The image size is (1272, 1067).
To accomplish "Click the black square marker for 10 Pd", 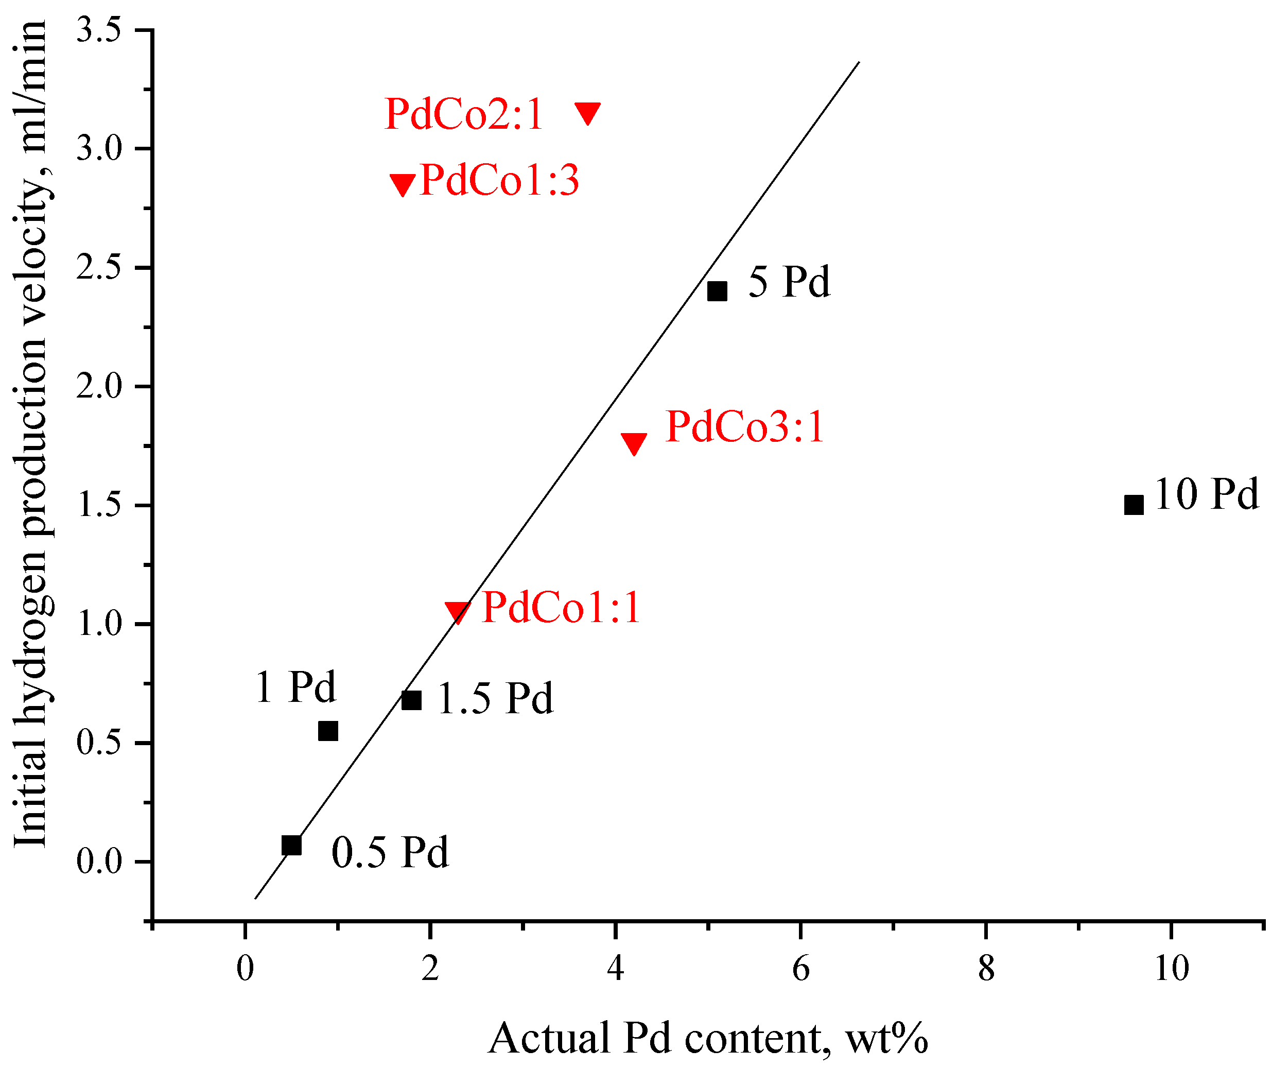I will pos(1134,505).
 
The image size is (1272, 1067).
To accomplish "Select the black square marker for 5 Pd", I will pos(717,291).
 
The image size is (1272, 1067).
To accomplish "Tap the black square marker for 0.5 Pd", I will pos(291,845).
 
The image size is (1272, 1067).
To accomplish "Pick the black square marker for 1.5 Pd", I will pos(411,700).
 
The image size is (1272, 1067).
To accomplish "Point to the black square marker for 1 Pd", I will pos(328,731).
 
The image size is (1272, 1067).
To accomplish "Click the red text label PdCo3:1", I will pos(744,427).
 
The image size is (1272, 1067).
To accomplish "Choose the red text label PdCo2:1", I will pos(463,114).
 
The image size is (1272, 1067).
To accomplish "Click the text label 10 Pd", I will pos(1206,494).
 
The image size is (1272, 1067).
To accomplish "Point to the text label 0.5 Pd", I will pos(390,852).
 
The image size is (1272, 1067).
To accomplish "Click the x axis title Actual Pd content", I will pos(707,1038).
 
